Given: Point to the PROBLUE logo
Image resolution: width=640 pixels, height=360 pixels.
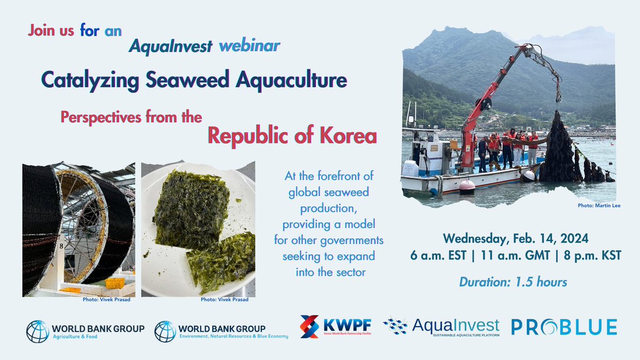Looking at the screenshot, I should click(x=564, y=327).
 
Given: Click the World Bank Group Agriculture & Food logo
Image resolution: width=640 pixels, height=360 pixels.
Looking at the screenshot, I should click(x=85, y=331).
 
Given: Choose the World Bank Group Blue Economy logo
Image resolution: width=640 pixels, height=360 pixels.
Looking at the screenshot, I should click(x=221, y=331).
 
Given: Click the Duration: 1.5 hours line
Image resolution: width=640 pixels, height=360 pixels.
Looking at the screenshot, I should click(x=505, y=282).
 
